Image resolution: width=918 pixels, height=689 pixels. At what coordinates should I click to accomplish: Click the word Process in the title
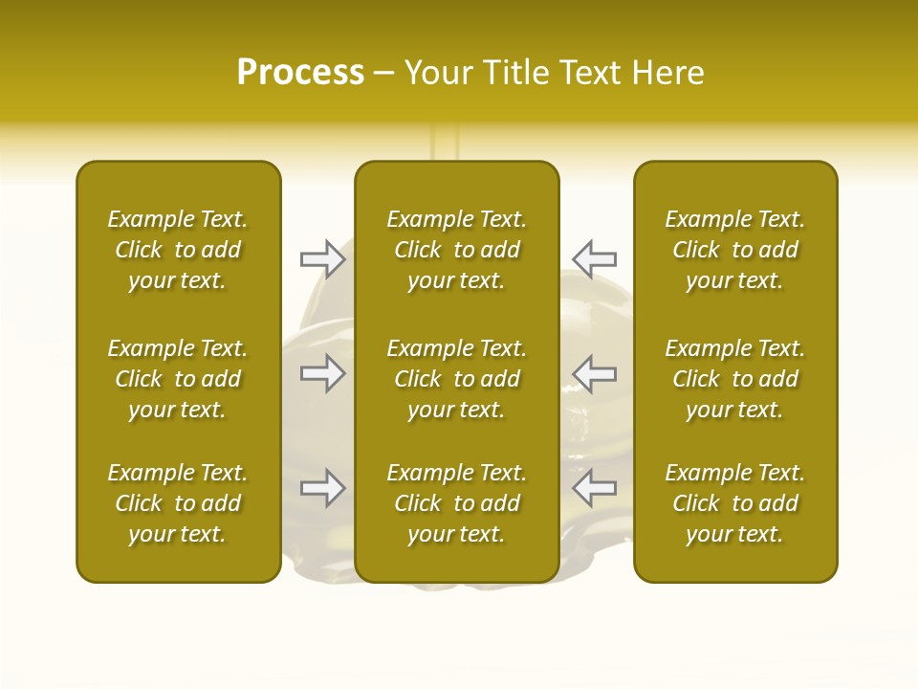[300, 73]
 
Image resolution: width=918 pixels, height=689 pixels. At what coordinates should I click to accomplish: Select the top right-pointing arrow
[322, 258]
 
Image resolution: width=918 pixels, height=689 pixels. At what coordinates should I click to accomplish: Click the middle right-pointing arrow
[322, 373]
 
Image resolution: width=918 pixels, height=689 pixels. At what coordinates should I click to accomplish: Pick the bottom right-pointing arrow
[322, 488]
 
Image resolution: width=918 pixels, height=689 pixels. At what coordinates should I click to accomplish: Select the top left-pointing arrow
[594, 258]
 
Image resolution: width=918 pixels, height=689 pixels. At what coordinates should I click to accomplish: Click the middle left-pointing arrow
[594, 373]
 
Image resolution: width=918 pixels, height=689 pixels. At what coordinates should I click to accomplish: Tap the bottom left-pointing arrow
[594, 488]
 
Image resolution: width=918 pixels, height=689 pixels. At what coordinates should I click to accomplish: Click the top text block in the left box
[178, 250]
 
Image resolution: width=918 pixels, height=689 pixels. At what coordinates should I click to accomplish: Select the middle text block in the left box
[178, 379]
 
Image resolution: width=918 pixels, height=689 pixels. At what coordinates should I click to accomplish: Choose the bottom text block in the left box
[178, 503]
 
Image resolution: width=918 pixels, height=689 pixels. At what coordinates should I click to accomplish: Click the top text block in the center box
[457, 250]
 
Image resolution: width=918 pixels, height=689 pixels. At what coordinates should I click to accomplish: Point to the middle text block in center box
[457, 379]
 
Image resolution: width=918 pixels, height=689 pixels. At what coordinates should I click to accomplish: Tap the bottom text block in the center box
[457, 503]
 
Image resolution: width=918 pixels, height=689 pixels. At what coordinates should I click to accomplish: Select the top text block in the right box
[735, 250]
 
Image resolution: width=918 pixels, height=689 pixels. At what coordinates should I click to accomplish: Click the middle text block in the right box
[735, 379]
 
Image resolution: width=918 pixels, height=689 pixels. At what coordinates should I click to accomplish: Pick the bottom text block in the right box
[735, 503]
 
